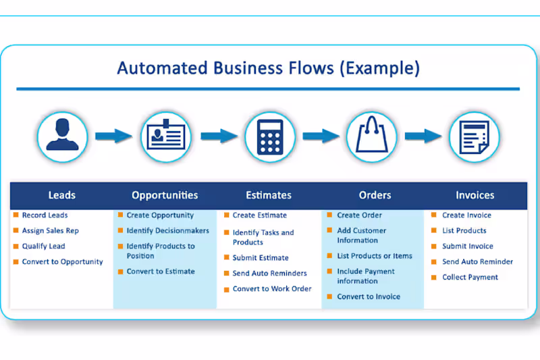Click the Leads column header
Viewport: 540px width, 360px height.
(62, 195)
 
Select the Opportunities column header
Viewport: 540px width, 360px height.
(165, 195)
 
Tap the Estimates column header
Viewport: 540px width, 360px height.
(269, 195)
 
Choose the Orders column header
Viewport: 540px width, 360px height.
(375, 195)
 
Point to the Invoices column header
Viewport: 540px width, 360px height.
(475, 195)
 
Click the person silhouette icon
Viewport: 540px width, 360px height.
(63, 136)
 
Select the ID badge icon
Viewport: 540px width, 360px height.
(165, 136)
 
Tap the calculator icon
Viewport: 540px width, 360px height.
(269, 136)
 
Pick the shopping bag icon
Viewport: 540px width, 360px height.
(371, 136)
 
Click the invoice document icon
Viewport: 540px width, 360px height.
(475, 136)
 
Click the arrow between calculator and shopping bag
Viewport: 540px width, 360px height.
(321, 136)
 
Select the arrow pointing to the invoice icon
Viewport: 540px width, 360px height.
(423, 136)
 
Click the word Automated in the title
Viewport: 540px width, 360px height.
(155, 68)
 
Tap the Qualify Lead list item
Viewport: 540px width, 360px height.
(43, 247)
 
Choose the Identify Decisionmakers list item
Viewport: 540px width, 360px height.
(167, 231)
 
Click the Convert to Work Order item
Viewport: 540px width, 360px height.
(272, 289)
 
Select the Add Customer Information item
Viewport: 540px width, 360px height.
(361, 236)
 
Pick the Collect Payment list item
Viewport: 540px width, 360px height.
(470, 278)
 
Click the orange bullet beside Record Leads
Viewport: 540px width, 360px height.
(16, 215)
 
